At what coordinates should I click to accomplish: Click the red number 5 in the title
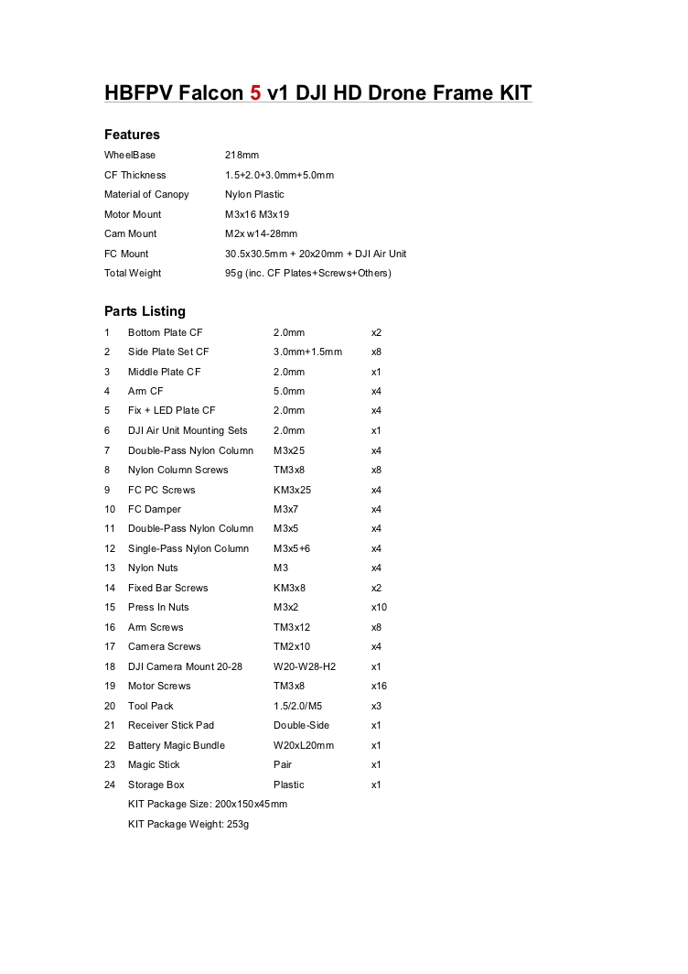(x=255, y=93)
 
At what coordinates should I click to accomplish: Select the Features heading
(x=132, y=135)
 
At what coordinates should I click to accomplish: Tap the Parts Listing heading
(x=145, y=311)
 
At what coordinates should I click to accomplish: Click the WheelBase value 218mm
(x=242, y=156)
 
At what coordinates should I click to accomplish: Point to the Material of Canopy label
(x=146, y=195)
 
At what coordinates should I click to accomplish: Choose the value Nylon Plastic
(x=254, y=195)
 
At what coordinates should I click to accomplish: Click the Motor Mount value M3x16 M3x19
(x=257, y=214)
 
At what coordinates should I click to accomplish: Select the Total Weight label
(x=133, y=274)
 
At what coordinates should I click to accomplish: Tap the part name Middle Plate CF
(x=165, y=372)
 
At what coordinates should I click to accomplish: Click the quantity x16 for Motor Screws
(x=378, y=687)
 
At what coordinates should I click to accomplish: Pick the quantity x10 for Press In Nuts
(x=378, y=608)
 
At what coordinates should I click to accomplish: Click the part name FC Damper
(x=155, y=510)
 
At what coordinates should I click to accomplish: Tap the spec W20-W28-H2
(x=305, y=666)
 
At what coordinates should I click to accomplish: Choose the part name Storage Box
(x=156, y=785)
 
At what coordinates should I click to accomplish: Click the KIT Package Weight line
(x=188, y=825)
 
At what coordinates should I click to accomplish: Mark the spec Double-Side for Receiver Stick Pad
(x=301, y=726)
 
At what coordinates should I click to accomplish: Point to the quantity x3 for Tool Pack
(x=376, y=706)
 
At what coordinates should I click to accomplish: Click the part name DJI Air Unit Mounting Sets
(x=188, y=431)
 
